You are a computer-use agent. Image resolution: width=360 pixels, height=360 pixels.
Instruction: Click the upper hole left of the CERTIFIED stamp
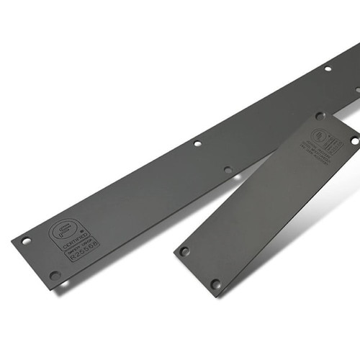pos(27,240)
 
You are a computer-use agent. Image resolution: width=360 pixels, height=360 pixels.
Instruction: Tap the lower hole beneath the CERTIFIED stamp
pos(55,274)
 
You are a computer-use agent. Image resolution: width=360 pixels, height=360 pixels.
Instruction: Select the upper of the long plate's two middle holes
pos(197,143)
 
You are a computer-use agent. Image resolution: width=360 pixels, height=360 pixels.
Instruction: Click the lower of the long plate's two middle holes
pos(228,170)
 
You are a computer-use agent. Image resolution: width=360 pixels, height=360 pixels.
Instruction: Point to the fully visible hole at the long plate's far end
pos(328,69)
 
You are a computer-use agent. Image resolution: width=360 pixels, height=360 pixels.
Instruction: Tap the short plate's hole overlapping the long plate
pos(320,115)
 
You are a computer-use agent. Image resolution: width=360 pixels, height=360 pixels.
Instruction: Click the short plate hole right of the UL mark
pos(354,141)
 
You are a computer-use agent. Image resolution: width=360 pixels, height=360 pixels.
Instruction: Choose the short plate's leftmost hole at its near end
pos(184,251)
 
